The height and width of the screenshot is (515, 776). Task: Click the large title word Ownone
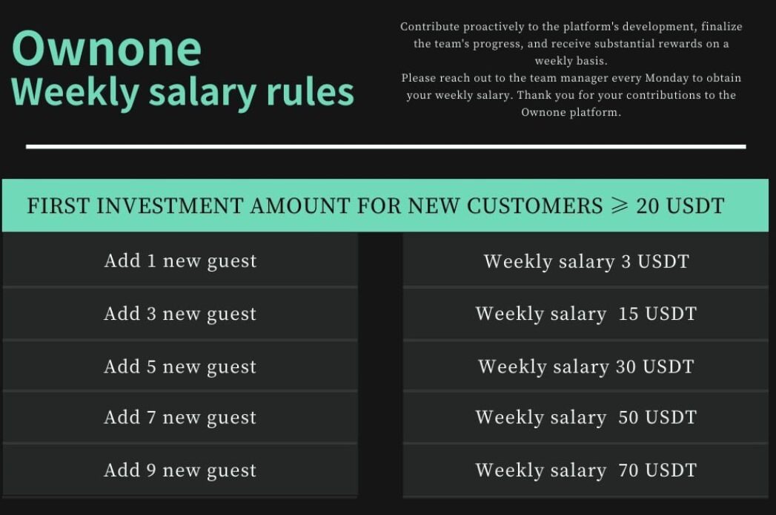[x=107, y=48]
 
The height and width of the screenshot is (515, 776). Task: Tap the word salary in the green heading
[x=202, y=94]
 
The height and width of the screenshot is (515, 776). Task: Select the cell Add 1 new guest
[x=180, y=260]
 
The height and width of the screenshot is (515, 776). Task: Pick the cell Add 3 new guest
[x=180, y=313]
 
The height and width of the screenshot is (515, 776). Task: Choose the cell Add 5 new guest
[x=180, y=367]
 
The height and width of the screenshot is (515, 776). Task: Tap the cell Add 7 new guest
[x=180, y=417]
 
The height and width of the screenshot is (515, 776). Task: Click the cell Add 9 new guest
[x=180, y=470]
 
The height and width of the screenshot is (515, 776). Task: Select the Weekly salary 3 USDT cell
[x=586, y=260]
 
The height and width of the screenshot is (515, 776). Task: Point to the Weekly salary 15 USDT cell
[x=586, y=313]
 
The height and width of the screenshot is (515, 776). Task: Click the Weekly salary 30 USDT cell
[x=586, y=367]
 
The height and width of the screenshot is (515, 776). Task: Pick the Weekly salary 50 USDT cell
[x=586, y=417]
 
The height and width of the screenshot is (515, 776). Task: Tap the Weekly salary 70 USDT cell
[x=586, y=470]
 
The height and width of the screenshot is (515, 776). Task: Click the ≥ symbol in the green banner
[x=619, y=206]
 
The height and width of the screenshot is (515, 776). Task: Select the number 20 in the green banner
[x=648, y=206]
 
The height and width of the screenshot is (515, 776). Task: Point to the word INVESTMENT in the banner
[x=170, y=206]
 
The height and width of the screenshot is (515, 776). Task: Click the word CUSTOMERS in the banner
[x=534, y=206]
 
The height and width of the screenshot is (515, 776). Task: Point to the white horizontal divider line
[x=386, y=147]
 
